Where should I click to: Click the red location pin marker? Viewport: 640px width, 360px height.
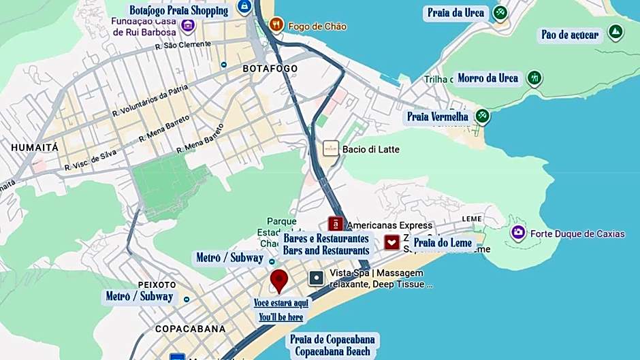point(279,279)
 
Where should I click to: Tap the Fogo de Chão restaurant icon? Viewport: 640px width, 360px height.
point(276,25)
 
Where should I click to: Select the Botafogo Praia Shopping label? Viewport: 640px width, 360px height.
point(178,10)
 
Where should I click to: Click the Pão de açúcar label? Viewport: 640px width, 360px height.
point(570,35)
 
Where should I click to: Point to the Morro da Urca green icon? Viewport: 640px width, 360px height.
point(534,78)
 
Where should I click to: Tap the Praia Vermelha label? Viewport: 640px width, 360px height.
point(438,117)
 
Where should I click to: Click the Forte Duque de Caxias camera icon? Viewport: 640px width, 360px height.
point(518,233)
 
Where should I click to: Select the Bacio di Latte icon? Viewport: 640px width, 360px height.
point(330,149)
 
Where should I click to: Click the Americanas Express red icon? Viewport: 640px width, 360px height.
point(335,225)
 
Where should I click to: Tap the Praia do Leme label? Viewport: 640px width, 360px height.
point(443,243)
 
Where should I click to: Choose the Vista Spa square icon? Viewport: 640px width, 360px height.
point(317,278)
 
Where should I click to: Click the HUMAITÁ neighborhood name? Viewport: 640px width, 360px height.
point(35,147)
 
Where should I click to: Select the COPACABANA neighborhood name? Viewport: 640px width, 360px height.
point(190,329)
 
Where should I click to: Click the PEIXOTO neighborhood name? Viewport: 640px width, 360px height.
point(157,284)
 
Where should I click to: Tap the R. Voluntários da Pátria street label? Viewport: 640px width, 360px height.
point(150,101)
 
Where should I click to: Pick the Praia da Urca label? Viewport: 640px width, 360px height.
point(456,13)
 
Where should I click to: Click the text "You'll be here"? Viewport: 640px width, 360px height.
point(281,317)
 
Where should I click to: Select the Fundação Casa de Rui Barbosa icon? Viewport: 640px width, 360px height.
point(188,26)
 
